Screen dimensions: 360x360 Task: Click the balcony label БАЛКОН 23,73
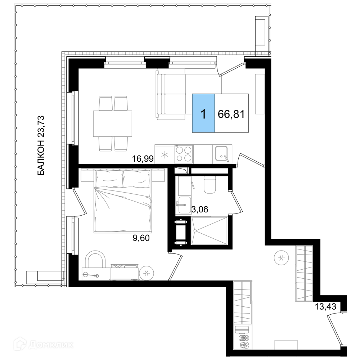(x=40, y=145)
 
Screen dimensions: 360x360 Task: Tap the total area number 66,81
(x=231, y=114)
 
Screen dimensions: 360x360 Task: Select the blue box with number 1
(x=203, y=113)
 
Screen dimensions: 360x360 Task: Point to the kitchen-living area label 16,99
(x=143, y=158)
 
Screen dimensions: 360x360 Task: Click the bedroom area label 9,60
(x=141, y=238)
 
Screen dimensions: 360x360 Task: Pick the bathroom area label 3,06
(x=200, y=210)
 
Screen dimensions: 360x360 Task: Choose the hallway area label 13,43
(x=325, y=306)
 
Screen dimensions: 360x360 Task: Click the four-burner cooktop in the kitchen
(x=184, y=154)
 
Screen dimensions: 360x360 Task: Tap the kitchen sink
(x=221, y=154)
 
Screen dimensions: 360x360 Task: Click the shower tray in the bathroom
(x=209, y=231)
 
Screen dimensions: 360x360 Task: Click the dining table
(x=112, y=123)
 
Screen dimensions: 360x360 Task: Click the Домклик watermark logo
(x=44, y=345)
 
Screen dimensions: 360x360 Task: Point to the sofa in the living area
(x=170, y=95)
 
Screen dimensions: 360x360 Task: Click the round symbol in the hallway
(x=281, y=258)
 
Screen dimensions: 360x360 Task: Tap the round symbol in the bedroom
(x=147, y=273)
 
